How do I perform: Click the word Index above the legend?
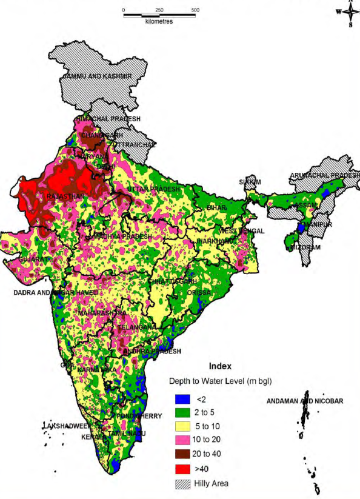(219, 367)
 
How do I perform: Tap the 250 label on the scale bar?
(159, 10)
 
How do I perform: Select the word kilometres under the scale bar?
(159, 21)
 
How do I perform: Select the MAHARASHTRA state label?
(101, 313)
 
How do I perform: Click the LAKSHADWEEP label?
(65, 426)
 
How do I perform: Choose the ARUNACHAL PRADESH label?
(324, 175)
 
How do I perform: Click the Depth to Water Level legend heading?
(219, 382)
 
